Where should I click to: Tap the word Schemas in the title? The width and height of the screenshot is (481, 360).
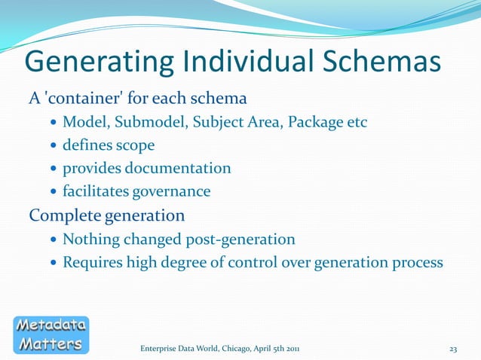[378, 63]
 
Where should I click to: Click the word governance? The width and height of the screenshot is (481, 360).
[171, 192]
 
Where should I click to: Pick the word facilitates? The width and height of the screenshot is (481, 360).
[96, 192]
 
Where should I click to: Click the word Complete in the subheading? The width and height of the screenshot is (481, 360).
[63, 216]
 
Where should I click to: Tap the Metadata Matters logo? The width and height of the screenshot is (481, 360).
[51, 334]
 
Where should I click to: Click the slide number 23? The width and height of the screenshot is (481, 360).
[453, 349]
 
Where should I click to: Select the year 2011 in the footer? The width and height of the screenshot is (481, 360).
[297, 349]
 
